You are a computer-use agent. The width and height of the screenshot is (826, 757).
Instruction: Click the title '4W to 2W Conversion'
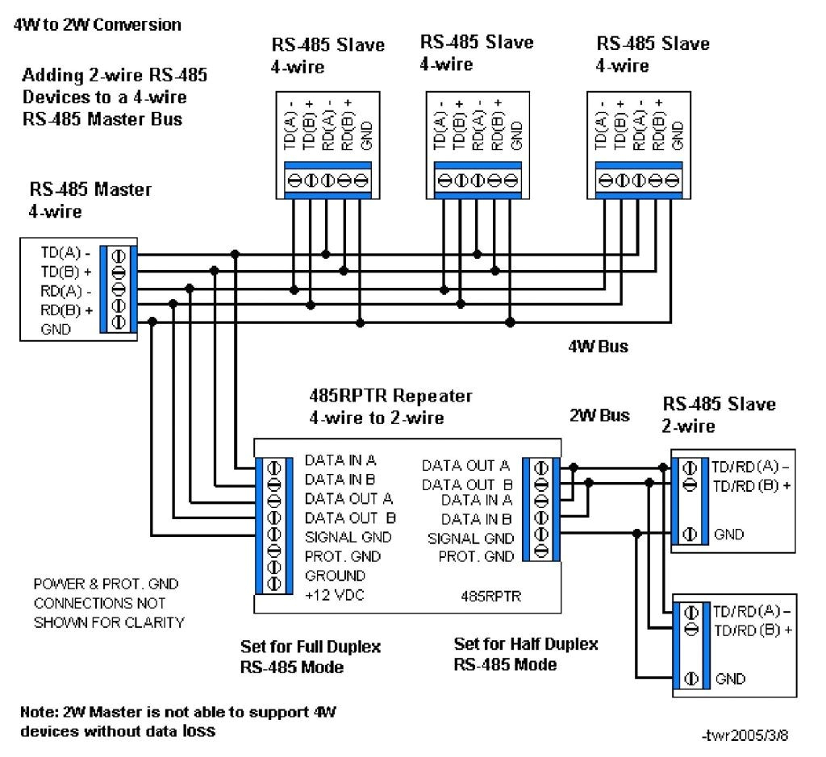(x=97, y=25)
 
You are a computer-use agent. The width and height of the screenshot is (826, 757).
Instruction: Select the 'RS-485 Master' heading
(x=90, y=190)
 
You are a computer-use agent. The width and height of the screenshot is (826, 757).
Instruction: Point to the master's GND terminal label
(x=56, y=330)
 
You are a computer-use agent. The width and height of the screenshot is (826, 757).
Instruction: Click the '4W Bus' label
(x=598, y=347)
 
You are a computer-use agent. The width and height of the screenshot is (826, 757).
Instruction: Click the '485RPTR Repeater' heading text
(x=391, y=397)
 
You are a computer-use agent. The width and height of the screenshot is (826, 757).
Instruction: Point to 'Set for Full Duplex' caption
(x=311, y=647)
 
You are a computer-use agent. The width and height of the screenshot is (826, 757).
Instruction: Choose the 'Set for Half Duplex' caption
(x=526, y=644)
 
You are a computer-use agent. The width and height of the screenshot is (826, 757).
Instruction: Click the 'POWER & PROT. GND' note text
(x=106, y=584)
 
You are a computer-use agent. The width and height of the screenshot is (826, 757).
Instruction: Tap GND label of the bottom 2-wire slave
(x=730, y=679)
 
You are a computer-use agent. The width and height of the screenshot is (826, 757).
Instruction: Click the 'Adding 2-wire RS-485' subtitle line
(x=115, y=77)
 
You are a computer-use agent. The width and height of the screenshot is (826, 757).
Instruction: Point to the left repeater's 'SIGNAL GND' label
(x=348, y=537)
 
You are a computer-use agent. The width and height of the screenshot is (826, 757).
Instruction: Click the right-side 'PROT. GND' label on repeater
(x=476, y=556)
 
